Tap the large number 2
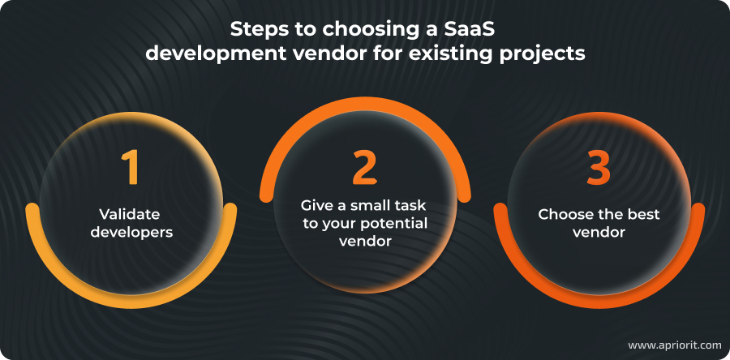(x=364, y=168)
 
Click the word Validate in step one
(x=131, y=214)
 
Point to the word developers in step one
(x=131, y=232)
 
